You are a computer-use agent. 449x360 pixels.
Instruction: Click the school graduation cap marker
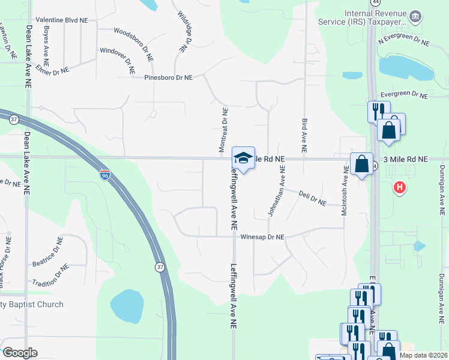243,158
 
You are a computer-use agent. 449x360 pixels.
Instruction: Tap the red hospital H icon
400,188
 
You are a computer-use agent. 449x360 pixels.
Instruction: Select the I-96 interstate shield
105,175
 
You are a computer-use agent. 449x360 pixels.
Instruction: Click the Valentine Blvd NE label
62,20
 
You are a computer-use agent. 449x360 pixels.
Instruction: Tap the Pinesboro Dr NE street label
168,77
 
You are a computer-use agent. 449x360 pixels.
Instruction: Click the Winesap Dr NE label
262,237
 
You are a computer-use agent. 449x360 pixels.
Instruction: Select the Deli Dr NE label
312,199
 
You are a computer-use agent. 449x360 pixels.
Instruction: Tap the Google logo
20,353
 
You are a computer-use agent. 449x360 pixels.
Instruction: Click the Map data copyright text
424,355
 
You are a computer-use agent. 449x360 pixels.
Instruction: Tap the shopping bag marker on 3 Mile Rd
362,164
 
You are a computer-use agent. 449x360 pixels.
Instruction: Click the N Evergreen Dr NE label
404,42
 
